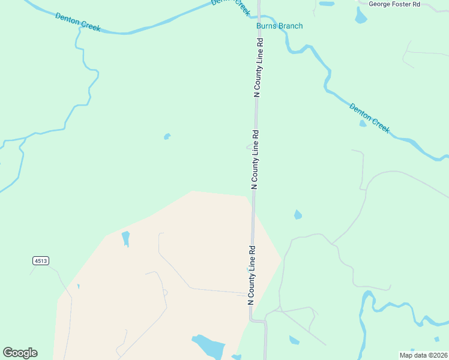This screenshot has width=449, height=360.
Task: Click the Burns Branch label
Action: click(279, 26)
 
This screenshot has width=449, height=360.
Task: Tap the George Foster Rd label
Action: click(394, 4)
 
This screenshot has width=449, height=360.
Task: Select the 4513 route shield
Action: click(40, 260)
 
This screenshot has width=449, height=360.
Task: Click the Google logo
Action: click(20, 353)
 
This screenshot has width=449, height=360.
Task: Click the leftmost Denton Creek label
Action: click(77, 22)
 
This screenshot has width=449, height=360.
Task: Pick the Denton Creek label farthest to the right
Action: click(369, 118)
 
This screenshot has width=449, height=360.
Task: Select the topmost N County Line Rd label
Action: click(259, 68)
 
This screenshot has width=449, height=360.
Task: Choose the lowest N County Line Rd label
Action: click(252, 274)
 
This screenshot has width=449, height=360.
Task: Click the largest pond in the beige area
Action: click(208, 346)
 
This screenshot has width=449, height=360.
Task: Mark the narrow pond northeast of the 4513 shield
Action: click(125, 238)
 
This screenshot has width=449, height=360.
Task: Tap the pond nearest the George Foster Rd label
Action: click(361, 16)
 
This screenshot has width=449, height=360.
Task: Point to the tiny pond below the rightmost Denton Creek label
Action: click(363, 124)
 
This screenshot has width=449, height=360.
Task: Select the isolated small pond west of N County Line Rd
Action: click(167, 136)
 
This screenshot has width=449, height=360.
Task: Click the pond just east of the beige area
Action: click(297, 214)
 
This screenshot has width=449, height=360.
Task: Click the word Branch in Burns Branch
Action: click(291, 26)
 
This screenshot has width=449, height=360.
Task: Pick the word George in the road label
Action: click(381, 4)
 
